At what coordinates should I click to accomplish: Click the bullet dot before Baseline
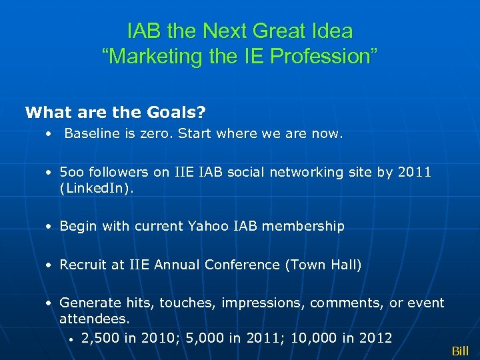click(x=49, y=135)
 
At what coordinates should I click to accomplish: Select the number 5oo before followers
click(x=71, y=173)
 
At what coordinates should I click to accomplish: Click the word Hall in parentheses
click(x=345, y=265)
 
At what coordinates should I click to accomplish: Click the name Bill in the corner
click(x=460, y=351)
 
